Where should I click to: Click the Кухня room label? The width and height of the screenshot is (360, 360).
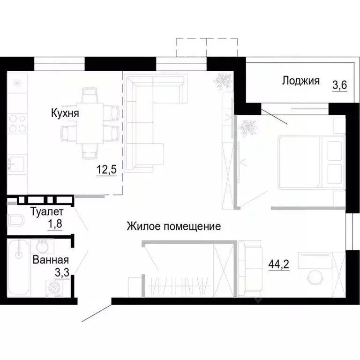[65, 113]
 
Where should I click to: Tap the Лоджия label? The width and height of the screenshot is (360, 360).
[300, 81]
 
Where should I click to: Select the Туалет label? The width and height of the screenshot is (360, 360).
[45, 211]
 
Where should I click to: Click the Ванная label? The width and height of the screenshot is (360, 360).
[51, 261]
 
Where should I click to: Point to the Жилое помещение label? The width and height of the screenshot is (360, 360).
[174, 227]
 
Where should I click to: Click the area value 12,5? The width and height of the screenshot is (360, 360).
[106, 169]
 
